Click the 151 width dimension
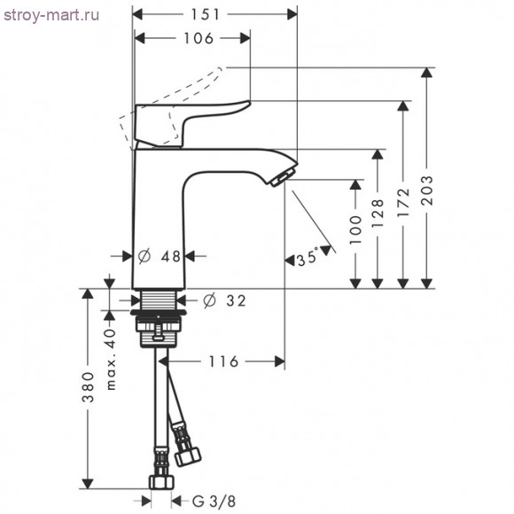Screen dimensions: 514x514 point(206,14)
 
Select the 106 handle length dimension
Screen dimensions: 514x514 point(199,38)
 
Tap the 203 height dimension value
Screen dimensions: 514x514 point(427,191)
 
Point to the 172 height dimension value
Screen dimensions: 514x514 point(403,202)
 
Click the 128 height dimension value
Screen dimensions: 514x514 point(378,213)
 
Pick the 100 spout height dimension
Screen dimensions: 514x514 point(355,230)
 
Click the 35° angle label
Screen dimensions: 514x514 point(308,258)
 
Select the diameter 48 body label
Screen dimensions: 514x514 point(160,256)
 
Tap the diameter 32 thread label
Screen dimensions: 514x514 point(224,300)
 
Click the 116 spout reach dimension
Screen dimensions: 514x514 point(223,362)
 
